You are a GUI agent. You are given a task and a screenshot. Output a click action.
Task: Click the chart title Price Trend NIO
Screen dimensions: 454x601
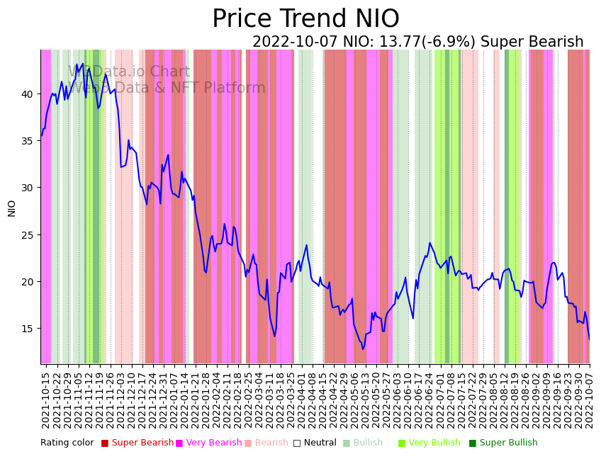pos(305,19)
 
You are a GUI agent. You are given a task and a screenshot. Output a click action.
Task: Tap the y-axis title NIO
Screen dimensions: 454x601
pos(12,208)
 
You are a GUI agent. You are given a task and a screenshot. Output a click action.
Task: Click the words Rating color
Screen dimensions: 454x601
pos(67,443)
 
